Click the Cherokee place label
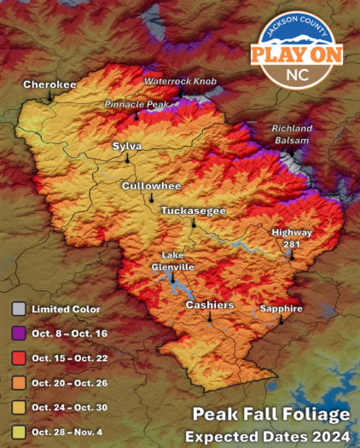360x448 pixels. [x=49, y=84]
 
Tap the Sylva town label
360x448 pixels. [x=127, y=147]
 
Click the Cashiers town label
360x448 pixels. [x=209, y=305]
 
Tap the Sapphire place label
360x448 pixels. [x=282, y=308]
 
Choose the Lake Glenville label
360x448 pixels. [x=173, y=261]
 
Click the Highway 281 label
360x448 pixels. [x=293, y=238]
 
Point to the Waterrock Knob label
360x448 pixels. [x=180, y=81]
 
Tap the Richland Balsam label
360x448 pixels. [x=293, y=134]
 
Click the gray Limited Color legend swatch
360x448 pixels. [x=17, y=309]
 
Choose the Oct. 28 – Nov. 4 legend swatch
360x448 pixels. [x=17, y=432]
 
